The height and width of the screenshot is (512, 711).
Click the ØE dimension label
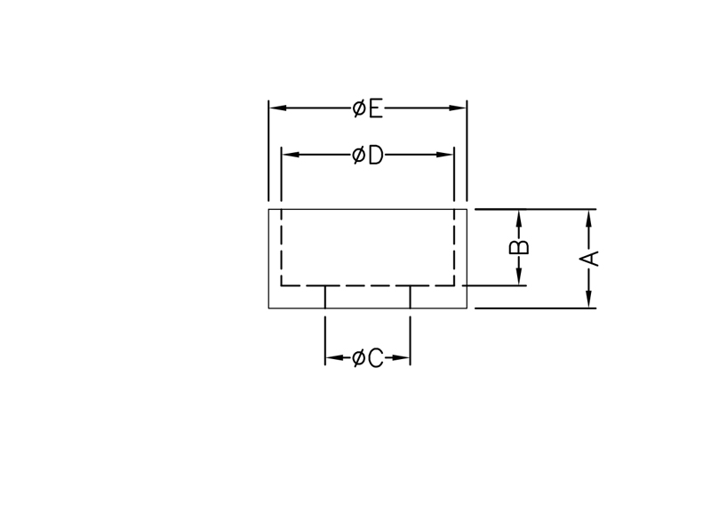click(367, 108)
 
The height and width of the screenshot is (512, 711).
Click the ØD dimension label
click(367, 156)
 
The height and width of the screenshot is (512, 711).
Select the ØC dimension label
click(367, 358)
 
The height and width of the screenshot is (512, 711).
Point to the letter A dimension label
click(590, 258)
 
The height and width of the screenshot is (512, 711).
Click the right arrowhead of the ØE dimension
click(459, 108)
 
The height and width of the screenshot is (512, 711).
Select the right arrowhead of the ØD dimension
click(446, 156)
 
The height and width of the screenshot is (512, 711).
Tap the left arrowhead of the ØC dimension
click(333, 358)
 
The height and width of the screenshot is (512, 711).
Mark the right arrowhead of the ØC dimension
click(402, 358)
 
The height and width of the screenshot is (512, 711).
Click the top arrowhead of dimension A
click(590, 218)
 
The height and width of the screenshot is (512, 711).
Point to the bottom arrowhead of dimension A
click(590, 300)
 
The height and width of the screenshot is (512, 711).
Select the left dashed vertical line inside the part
click(282, 249)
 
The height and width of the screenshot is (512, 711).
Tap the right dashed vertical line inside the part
click(454, 249)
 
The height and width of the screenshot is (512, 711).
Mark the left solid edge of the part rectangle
click(268, 258)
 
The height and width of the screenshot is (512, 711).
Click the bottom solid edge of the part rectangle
click(367, 308)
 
